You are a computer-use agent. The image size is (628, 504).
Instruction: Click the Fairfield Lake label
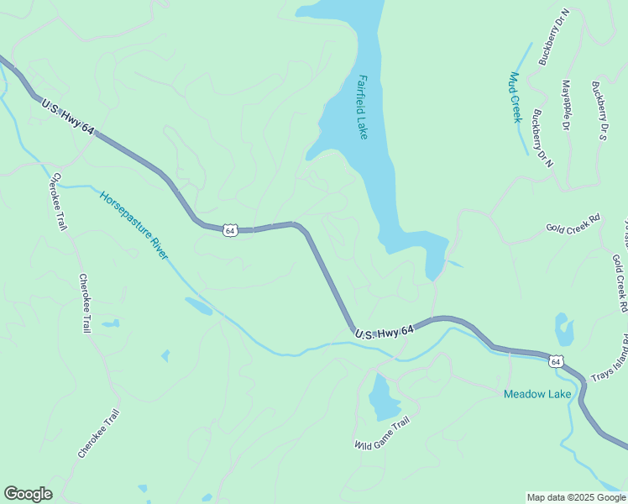click(362, 107)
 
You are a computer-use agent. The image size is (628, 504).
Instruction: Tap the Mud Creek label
click(515, 97)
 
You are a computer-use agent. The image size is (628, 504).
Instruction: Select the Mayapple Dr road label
click(564, 105)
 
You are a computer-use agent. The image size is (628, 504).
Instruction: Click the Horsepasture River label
click(134, 224)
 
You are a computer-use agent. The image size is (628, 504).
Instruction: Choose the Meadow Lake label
click(537, 394)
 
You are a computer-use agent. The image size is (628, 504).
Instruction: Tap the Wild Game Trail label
click(381, 433)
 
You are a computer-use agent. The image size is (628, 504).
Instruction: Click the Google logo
click(28, 494)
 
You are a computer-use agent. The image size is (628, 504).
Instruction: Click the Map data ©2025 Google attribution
click(576, 497)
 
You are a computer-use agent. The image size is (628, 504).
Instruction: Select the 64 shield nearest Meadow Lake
click(555, 361)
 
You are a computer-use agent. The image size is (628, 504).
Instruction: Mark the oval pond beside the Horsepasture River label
click(199, 306)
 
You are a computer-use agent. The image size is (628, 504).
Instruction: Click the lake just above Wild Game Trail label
click(380, 397)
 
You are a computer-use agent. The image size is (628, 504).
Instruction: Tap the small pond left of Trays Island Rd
click(564, 330)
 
